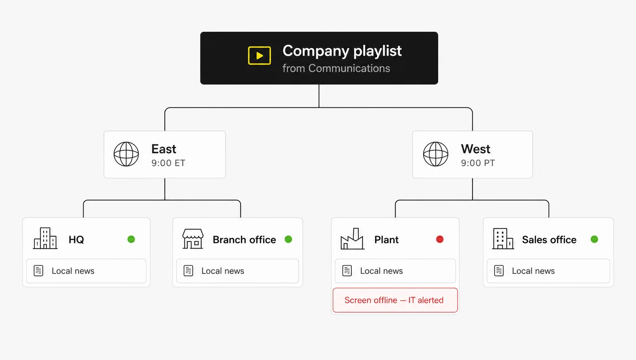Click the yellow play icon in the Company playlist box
click(x=259, y=55)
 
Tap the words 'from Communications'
click(x=336, y=69)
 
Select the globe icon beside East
click(x=126, y=154)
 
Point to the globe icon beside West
click(x=436, y=154)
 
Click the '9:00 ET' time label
click(x=168, y=163)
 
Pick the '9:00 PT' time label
click(x=478, y=163)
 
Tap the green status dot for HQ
click(x=131, y=239)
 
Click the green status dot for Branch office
click(x=289, y=239)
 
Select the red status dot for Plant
click(x=440, y=239)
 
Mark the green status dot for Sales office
click(x=594, y=239)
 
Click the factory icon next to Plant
click(x=352, y=239)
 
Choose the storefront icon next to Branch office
click(x=193, y=239)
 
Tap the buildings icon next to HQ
click(x=45, y=238)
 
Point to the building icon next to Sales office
click(x=503, y=239)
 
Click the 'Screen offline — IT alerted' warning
click(x=395, y=300)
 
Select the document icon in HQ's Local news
click(x=38, y=271)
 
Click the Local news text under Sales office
click(x=533, y=271)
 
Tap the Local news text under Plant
click(x=381, y=271)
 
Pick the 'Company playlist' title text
click(x=342, y=51)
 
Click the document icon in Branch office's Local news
click(x=188, y=271)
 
